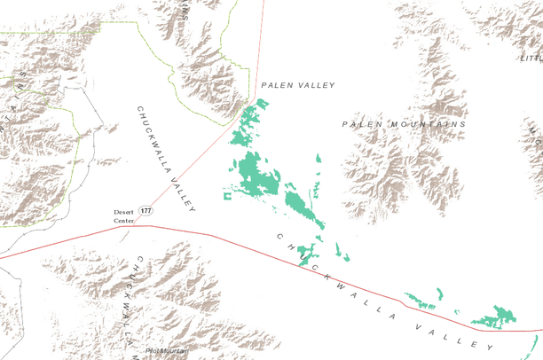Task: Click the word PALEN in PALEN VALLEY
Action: [x=276, y=85]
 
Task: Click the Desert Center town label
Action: [x=123, y=215]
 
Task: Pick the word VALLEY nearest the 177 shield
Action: [x=183, y=189]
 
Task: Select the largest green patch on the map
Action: [x=258, y=173]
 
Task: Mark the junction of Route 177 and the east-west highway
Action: [x=148, y=225]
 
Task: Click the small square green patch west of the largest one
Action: [x=228, y=194]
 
